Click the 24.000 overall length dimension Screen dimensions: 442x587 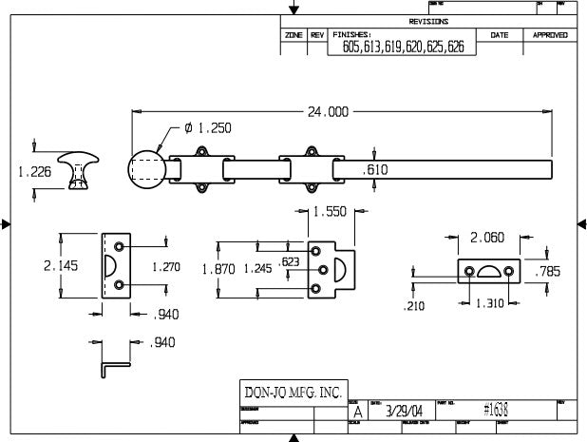click(327, 111)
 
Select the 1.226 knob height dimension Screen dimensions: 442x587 click(35, 172)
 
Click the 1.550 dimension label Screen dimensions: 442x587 click(330, 212)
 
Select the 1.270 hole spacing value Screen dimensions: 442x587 click(165, 267)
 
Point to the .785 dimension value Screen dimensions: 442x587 click(548, 272)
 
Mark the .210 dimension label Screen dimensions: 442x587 click(413, 306)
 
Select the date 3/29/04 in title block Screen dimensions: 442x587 click(399, 412)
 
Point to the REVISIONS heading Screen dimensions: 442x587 click(428, 21)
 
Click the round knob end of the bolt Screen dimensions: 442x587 click(147, 171)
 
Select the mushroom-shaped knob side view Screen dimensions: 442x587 click(77, 169)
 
